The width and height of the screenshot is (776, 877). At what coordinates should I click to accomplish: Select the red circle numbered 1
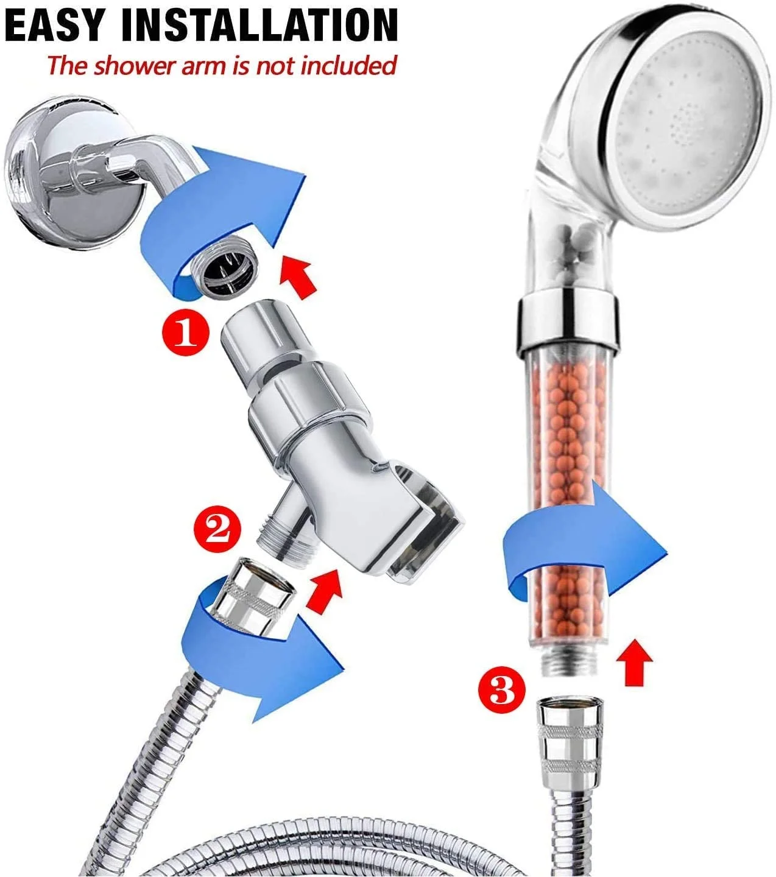coord(186,333)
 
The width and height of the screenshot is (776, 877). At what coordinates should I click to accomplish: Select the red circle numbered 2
coord(217,529)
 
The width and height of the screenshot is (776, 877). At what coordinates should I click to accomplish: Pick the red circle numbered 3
coord(502,690)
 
